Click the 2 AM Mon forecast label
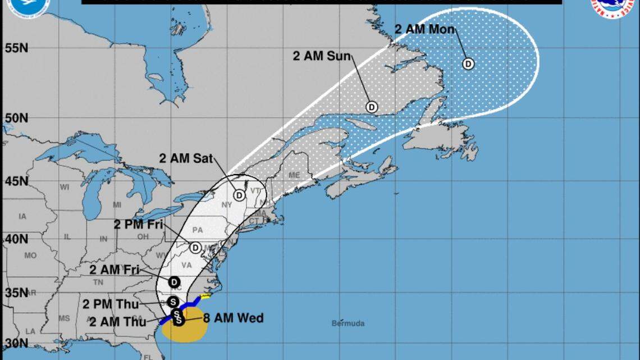click(x=424, y=29)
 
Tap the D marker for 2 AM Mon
click(x=468, y=63)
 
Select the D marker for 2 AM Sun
click(x=372, y=106)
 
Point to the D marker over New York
click(x=240, y=195)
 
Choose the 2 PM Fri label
click(x=138, y=225)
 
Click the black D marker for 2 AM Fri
click(x=175, y=282)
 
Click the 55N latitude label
click(x=17, y=48)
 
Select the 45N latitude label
click(x=17, y=181)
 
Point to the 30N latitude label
click(x=17, y=343)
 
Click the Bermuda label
click(x=348, y=323)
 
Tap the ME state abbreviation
click(x=294, y=175)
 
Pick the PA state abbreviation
click(x=197, y=230)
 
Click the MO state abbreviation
click(x=30, y=255)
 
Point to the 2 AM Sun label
click(x=322, y=56)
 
